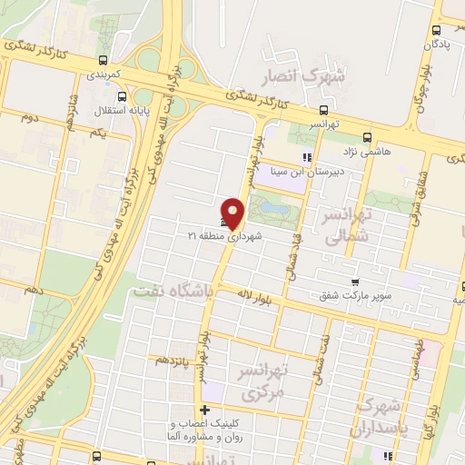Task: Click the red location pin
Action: coord(233,213)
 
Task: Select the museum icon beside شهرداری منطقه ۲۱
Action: coord(223,223)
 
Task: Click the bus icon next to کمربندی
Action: coord(102,62)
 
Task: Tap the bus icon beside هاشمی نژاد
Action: coord(366,138)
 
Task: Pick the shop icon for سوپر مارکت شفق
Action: coord(355,282)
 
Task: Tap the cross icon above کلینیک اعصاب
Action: coord(206,411)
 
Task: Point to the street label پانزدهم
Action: coord(175,361)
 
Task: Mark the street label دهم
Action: coord(35,290)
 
